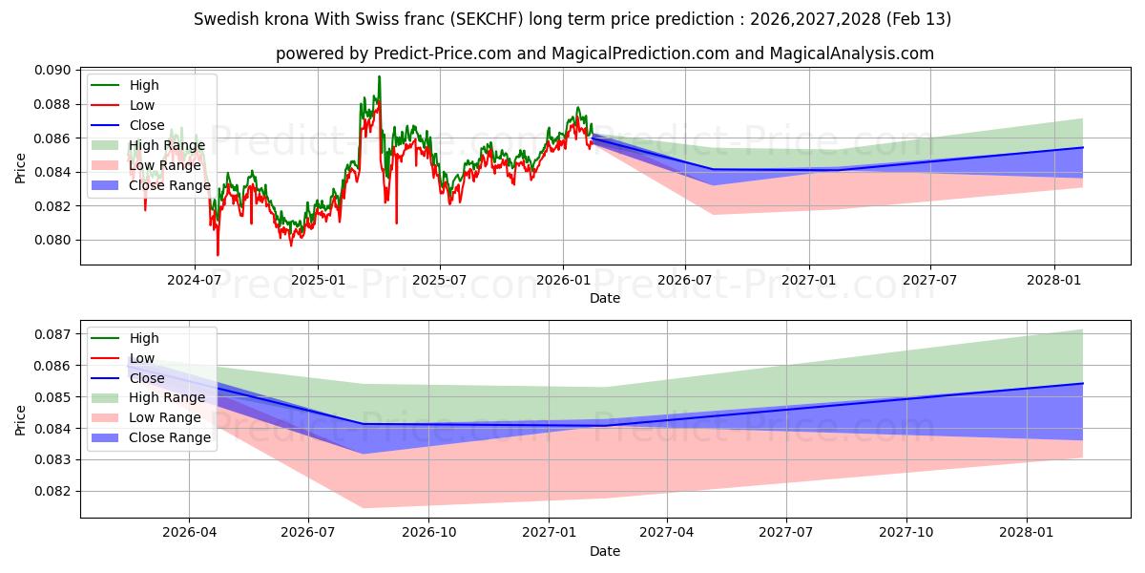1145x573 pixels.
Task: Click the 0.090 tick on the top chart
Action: pyautogui.click(x=52, y=71)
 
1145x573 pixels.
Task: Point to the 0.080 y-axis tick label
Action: pyautogui.click(x=52, y=240)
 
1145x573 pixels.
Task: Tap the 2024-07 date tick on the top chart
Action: pyautogui.click(x=195, y=280)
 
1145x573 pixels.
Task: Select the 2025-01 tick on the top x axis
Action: pyautogui.click(x=317, y=280)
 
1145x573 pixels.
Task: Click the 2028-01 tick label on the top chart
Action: pyautogui.click(x=1053, y=280)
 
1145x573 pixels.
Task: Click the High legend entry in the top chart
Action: pyautogui.click(x=144, y=86)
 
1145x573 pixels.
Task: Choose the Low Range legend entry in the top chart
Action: pyautogui.click(x=165, y=165)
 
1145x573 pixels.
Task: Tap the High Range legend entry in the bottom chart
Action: pyautogui.click(x=167, y=397)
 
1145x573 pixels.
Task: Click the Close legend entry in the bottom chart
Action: pyautogui.click(x=148, y=378)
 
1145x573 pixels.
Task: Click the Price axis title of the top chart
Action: pyautogui.click(x=21, y=168)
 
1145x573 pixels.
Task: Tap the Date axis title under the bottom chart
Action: pyautogui.click(x=605, y=551)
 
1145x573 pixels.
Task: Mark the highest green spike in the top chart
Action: pyautogui.click(x=379, y=77)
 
